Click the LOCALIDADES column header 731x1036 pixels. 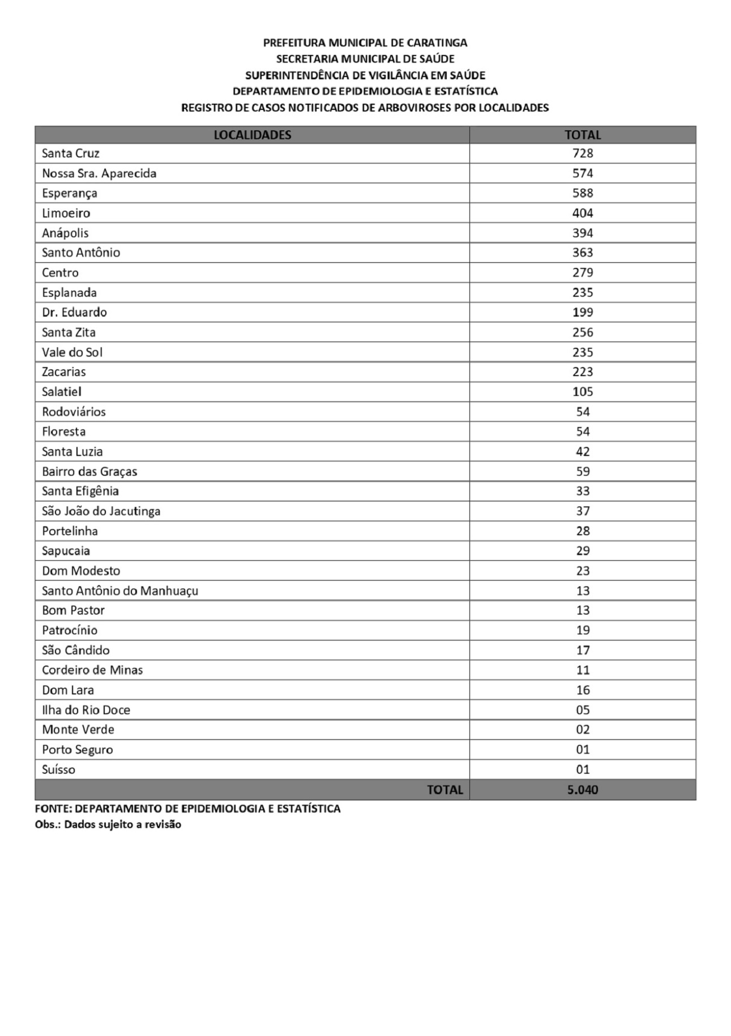(x=252, y=135)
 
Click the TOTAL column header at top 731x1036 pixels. (x=582, y=135)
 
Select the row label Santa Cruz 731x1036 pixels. (x=71, y=154)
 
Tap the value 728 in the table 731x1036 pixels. (x=582, y=154)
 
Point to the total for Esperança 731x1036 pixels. (x=582, y=193)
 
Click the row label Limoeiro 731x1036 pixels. (x=66, y=213)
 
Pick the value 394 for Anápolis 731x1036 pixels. (x=582, y=233)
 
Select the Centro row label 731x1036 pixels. (x=60, y=272)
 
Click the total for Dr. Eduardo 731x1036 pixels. (x=582, y=312)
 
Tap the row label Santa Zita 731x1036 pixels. (x=69, y=332)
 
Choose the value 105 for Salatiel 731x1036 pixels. (x=582, y=392)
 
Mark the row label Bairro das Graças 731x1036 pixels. (x=89, y=471)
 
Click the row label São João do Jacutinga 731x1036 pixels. (x=101, y=511)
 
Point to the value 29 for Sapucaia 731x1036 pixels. (x=583, y=551)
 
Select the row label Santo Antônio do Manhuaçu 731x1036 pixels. (x=120, y=591)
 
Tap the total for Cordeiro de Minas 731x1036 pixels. (x=583, y=670)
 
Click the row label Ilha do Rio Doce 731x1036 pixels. (x=86, y=710)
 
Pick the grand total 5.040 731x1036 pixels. (x=582, y=790)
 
